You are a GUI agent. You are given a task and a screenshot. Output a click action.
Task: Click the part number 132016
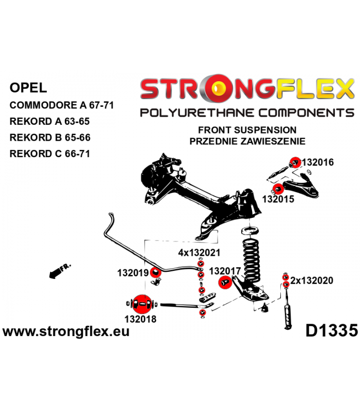(x=318, y=162)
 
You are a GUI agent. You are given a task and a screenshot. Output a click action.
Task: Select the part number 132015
(x=278, y=198)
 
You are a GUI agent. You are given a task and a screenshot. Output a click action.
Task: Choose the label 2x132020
(x=312, y=281)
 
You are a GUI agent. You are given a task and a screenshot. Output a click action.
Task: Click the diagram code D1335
(x=331, y=330)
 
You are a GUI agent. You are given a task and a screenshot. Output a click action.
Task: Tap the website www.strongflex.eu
(x=66, y=331)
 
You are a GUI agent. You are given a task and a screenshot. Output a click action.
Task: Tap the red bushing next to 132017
(x=224, y=282)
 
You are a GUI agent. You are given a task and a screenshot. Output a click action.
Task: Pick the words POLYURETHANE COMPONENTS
(x=247, y=113)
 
